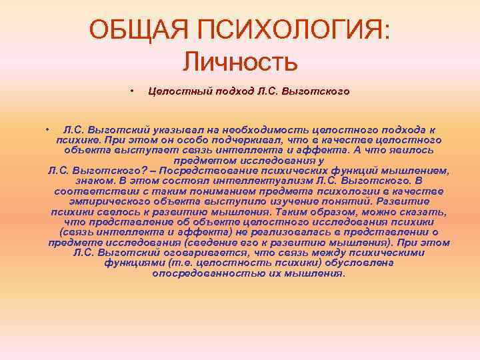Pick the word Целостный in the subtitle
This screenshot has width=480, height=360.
click(x=177, y=91)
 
